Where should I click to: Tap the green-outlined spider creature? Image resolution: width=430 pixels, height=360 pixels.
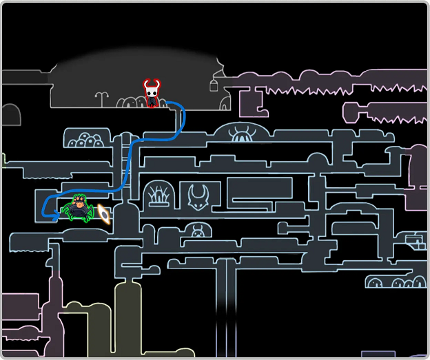pos(79,209)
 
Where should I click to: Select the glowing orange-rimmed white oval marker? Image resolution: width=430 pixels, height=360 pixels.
pos(104,214)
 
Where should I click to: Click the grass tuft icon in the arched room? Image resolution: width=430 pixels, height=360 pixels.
pos(159,195)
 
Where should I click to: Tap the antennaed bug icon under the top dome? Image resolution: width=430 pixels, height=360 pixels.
pos(241,134)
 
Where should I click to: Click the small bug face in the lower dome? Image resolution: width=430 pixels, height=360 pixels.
pos(198,231)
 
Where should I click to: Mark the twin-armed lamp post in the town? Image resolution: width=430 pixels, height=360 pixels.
pos(102,99)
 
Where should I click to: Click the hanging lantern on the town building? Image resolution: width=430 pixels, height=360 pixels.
pos(214,85)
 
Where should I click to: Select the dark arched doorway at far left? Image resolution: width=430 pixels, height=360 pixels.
pos(10,115)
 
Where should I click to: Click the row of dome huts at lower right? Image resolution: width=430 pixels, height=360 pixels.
pos(396,282)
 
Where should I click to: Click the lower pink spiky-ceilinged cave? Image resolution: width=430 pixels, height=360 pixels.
pos(386,112)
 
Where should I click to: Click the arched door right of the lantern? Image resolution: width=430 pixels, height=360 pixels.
pos(225,103)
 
